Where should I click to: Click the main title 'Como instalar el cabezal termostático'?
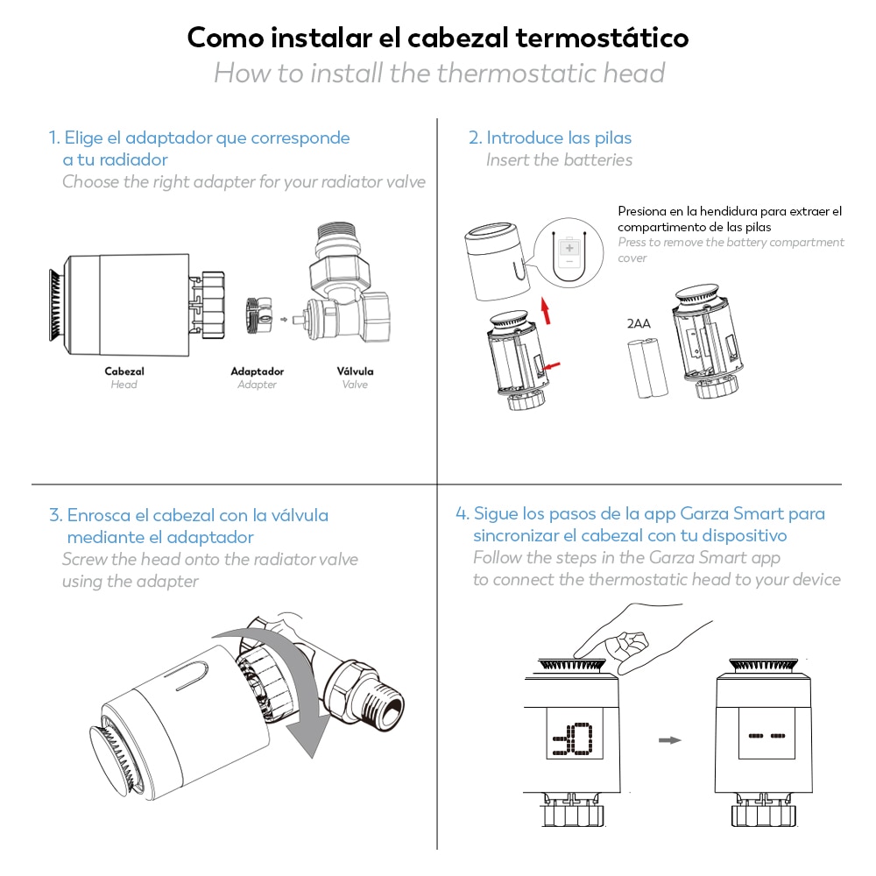pos(438,39)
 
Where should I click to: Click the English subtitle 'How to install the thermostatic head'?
pos(439,73)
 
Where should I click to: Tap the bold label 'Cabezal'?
pos(124,371)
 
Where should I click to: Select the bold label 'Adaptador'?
pos(257,371)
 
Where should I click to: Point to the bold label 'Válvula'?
pos(355,371)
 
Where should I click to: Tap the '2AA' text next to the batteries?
pos(639,324)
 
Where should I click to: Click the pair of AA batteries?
pos(646,369)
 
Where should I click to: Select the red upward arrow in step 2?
pos(546,309)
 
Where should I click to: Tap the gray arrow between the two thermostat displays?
pos(669,740)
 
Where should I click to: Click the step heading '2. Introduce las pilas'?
pos(550,138)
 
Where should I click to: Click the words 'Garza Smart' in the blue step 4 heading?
pos(734,513)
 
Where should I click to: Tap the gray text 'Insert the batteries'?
pos(559,159)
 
